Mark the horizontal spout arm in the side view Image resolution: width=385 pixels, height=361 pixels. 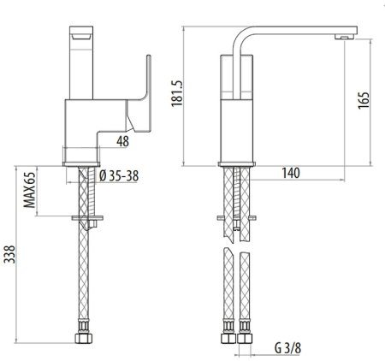(x=291, y=31)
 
